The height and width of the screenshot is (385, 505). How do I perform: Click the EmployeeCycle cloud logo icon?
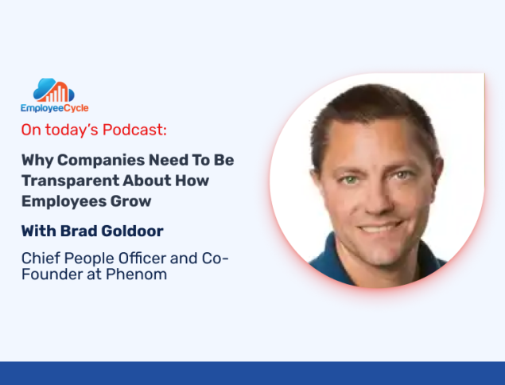point(54,90)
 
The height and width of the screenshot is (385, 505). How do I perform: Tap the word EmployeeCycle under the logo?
point(55,108)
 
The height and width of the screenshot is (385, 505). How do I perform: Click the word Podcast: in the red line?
point(134,130)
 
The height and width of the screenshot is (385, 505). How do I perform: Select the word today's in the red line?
point(72,130)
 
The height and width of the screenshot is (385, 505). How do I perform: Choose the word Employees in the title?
point(64,202)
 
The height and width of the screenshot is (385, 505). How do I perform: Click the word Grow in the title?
point(130,201)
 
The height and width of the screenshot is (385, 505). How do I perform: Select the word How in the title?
point(192,181)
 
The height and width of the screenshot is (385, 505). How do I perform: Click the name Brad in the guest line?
point(79,231)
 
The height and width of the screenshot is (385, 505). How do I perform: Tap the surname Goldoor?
point(132,231)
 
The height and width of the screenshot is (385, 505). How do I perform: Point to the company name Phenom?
point(136,274)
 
